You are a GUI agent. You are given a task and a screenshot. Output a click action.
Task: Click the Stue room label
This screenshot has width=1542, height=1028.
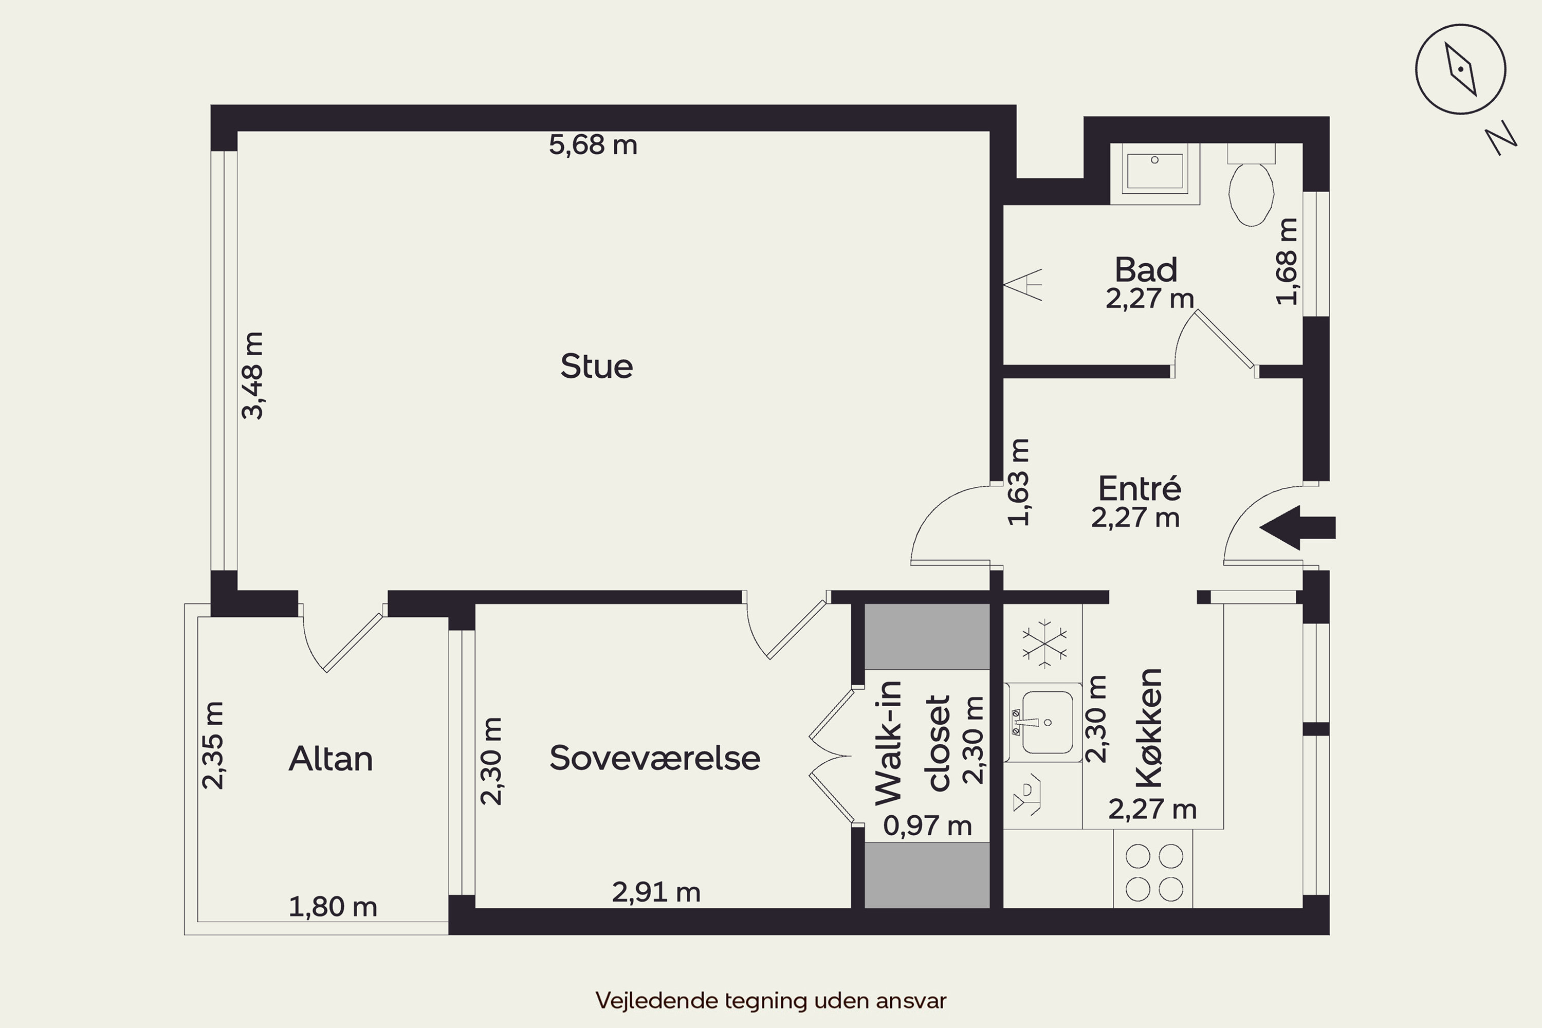pyautogui.click(x=597, y=366)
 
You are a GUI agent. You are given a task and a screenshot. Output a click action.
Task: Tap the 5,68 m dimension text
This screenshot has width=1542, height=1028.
pyautogui.click(x=593, y=145)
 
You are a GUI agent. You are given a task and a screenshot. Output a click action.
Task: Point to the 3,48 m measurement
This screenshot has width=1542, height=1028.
pyautogui.click(x=252, y=376)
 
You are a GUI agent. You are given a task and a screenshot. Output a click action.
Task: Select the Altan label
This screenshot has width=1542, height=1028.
pyautogui.click(x=331, y=759)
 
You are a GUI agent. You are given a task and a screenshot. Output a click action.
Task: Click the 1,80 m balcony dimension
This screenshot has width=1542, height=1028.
pyautogui.click(x=333, y=907)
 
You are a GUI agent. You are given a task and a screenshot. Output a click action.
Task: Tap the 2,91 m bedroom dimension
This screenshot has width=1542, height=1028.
pyautogui.click(x=656, y=892)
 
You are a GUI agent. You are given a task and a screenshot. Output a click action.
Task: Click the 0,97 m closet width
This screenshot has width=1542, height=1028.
pyautogui.click(x=927, y=825)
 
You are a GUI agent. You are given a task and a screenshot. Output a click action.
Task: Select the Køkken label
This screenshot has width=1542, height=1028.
pyautogui.click(x=1149, y=728)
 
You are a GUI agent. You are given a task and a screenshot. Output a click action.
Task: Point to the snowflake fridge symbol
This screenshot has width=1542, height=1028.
pyautogui.click(x=1044, y=642)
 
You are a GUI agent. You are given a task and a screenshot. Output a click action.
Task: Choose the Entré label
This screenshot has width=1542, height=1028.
pyautogui.click(x=1140, y=488)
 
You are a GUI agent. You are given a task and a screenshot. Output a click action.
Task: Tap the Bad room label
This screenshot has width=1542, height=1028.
pyautogui.click(x=1146, y=269)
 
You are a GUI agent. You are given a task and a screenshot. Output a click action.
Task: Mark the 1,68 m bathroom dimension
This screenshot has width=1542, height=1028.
pyautogui.click(x=1287, y=262)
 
